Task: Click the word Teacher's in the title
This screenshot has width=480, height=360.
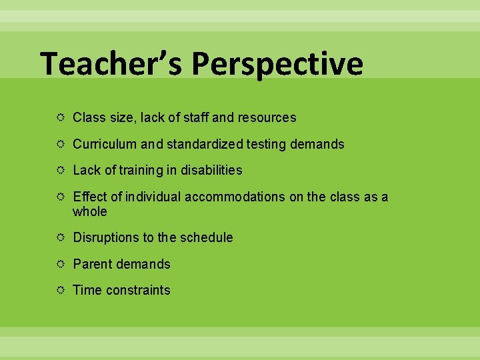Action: coord(111,65)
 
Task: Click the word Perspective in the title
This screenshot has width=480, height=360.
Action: coord(277,65)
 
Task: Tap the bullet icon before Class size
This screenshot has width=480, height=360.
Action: coord(61,118)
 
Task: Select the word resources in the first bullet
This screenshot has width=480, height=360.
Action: coord(267,118)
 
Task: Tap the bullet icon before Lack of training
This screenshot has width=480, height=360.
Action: coord(61,171)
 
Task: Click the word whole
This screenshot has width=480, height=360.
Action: coord(89,211)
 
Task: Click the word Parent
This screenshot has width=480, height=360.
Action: coord(92,264)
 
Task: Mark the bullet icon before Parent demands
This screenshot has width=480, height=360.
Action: coord(61,264)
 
